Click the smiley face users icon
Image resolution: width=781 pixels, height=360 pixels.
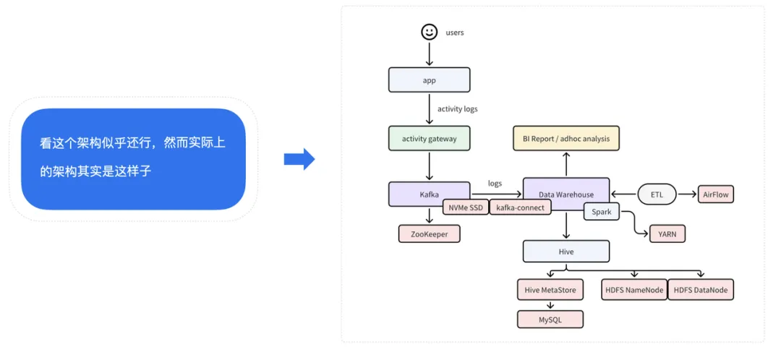point(430,32)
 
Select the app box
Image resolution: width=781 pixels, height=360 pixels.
point(429,80)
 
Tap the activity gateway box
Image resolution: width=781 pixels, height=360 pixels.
point(429,138)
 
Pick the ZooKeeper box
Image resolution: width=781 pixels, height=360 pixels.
point(429,233)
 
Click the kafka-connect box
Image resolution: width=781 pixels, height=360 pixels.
point(520,207)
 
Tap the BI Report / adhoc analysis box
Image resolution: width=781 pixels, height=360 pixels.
point(566,138)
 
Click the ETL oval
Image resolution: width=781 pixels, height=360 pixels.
point(656,194)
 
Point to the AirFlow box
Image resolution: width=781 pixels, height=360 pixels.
point(716,194)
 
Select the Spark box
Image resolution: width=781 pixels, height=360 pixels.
point(602,212)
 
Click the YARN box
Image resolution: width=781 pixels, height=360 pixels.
point(667,233)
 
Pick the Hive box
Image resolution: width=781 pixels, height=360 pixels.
point(566,252)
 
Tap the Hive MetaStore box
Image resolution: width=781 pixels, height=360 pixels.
point(550,290)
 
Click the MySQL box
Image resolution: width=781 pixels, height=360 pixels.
point(550,319)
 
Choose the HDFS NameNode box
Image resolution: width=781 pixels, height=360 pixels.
point(633,290)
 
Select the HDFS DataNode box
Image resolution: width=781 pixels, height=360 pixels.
point(700,290)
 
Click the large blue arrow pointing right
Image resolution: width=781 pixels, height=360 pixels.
point(299,159)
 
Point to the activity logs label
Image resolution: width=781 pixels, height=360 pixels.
point(457,109)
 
